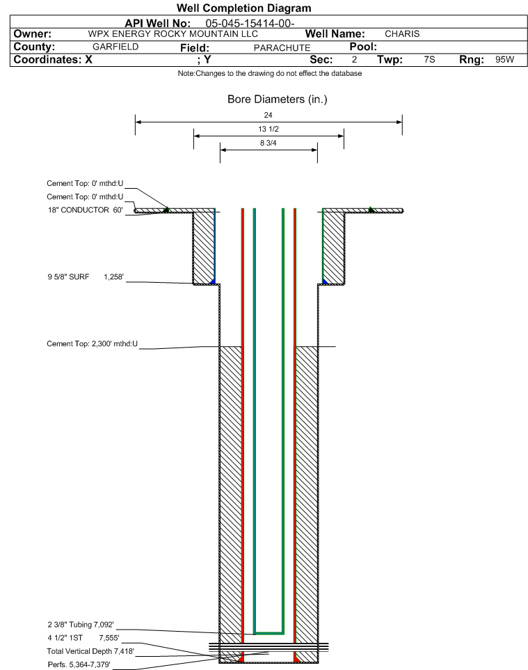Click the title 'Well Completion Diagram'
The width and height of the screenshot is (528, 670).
[243, 8]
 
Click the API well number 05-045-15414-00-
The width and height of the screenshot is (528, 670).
[250, 24]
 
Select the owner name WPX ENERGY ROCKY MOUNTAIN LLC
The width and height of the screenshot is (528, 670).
[173, 33]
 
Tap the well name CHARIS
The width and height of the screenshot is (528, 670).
[402, 33]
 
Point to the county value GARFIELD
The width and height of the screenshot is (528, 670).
[115, 47]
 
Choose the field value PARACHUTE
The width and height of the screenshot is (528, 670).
[282, 47]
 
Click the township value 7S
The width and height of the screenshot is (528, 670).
[429, 59]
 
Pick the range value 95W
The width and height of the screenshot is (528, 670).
[504, 59]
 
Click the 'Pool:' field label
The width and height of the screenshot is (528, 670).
[363, 47]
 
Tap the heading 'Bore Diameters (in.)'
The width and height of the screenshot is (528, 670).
[278, 99]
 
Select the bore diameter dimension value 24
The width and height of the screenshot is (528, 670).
[268, 115]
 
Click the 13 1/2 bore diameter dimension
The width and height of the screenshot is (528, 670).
[269, 129]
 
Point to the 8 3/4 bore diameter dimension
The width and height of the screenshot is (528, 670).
[269, 143]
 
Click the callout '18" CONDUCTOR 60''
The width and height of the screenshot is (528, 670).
[86, 210]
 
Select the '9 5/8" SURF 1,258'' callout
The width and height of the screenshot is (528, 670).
[86, 277]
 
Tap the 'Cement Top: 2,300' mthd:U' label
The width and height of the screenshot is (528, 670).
[93, 343]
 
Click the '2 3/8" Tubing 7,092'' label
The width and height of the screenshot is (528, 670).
[81, 625]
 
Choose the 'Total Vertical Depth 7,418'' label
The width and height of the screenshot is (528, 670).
[90, 651]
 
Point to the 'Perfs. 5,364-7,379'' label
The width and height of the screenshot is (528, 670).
[79, 664]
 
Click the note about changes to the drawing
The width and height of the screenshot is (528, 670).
[270, 74]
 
